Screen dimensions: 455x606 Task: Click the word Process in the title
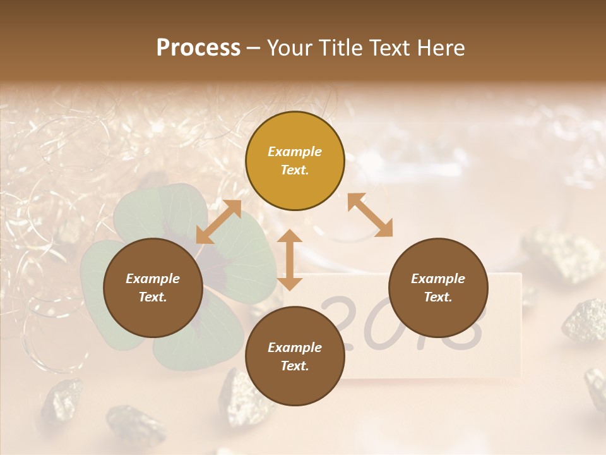point(198,48)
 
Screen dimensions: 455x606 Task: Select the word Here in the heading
point(441,48)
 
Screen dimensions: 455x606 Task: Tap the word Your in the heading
point(289,48)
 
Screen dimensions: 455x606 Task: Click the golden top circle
point(295,161)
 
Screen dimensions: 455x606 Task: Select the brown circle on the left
point(153,288)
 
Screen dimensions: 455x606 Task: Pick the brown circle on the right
point(438,288)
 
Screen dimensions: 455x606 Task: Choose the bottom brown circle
point(295,356)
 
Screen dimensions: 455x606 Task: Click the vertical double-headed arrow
point(290,260)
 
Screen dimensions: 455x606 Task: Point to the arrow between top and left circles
point(218,222)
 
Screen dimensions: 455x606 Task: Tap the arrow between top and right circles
point(370,215)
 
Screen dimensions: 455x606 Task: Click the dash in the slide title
point(254,49)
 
